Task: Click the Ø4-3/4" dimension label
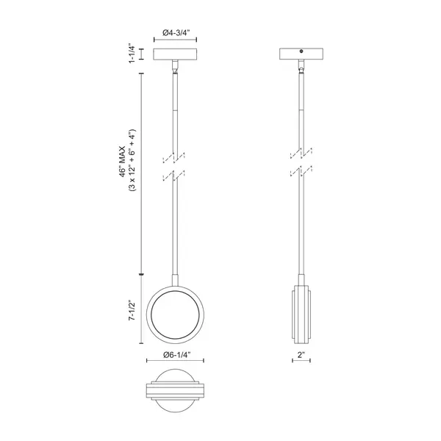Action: point(175,32)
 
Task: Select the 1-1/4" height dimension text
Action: point(132,54)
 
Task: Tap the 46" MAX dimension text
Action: point(123,162)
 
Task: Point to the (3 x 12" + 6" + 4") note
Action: point(132,160)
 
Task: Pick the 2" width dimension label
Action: point(301,355)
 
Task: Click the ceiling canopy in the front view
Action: point(175,54)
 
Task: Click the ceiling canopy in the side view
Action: point(301,54)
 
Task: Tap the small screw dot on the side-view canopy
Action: point(301,51)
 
